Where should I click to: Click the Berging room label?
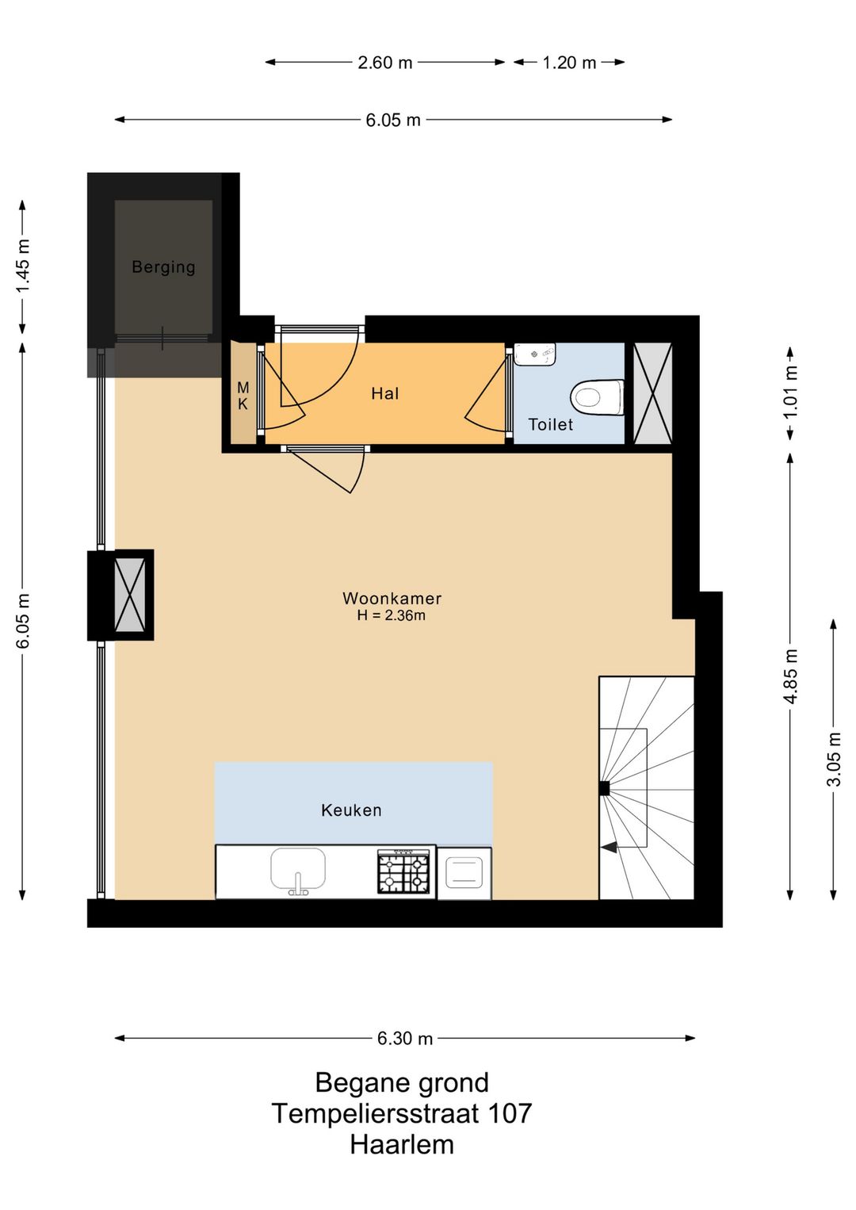point(163,267)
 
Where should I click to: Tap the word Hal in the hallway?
point(384,393)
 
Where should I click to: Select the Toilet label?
point(550,424)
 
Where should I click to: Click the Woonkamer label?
point(392,599)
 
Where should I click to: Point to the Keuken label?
point(351,810)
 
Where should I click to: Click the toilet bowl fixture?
point(597,398)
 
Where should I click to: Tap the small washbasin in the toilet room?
point(535,354)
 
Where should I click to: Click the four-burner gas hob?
point(403,871)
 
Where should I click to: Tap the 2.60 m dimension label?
point(385,63)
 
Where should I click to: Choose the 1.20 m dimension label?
point(569,63)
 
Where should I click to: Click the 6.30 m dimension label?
point(404,1038)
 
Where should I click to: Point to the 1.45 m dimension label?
point(23,266)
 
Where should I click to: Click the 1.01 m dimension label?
point(791,392)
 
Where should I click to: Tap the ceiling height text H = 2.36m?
point(391,615)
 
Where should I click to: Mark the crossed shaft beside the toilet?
point(652,393)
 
